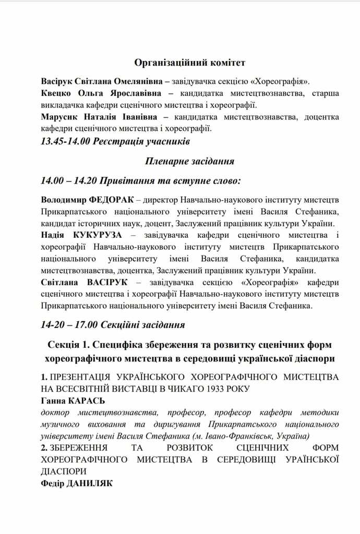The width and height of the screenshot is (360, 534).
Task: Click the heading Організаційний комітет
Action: [x=190, y=63]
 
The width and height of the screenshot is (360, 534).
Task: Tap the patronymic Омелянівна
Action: [x=135, y=82]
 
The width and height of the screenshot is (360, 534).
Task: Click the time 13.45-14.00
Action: [x=65, y=141]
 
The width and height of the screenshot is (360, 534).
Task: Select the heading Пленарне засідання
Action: [x=190, y=161]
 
